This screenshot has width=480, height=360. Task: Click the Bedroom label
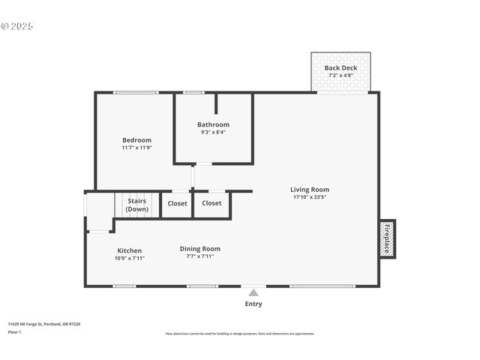136,140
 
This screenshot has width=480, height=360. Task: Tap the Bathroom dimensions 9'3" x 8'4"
213,133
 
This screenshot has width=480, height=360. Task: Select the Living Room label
310,190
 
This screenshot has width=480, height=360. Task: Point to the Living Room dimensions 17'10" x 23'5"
310,198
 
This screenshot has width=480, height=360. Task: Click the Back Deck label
340,68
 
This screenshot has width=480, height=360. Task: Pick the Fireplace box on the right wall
387,238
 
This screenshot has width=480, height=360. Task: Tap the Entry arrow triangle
253,292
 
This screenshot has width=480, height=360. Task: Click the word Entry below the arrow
253,304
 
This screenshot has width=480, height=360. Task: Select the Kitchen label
129,250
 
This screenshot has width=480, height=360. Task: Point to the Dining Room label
200,249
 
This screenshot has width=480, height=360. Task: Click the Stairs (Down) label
136,205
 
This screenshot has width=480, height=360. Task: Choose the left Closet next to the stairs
178,203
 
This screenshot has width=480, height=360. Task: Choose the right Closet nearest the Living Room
211,203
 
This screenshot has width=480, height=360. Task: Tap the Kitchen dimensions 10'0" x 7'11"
129,258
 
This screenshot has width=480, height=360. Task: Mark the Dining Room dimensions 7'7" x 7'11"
200,256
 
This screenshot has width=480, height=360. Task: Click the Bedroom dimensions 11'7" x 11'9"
136,148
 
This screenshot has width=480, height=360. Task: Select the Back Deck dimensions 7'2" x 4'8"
340,76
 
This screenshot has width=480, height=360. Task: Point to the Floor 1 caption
14,331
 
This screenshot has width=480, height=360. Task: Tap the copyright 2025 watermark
17,26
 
